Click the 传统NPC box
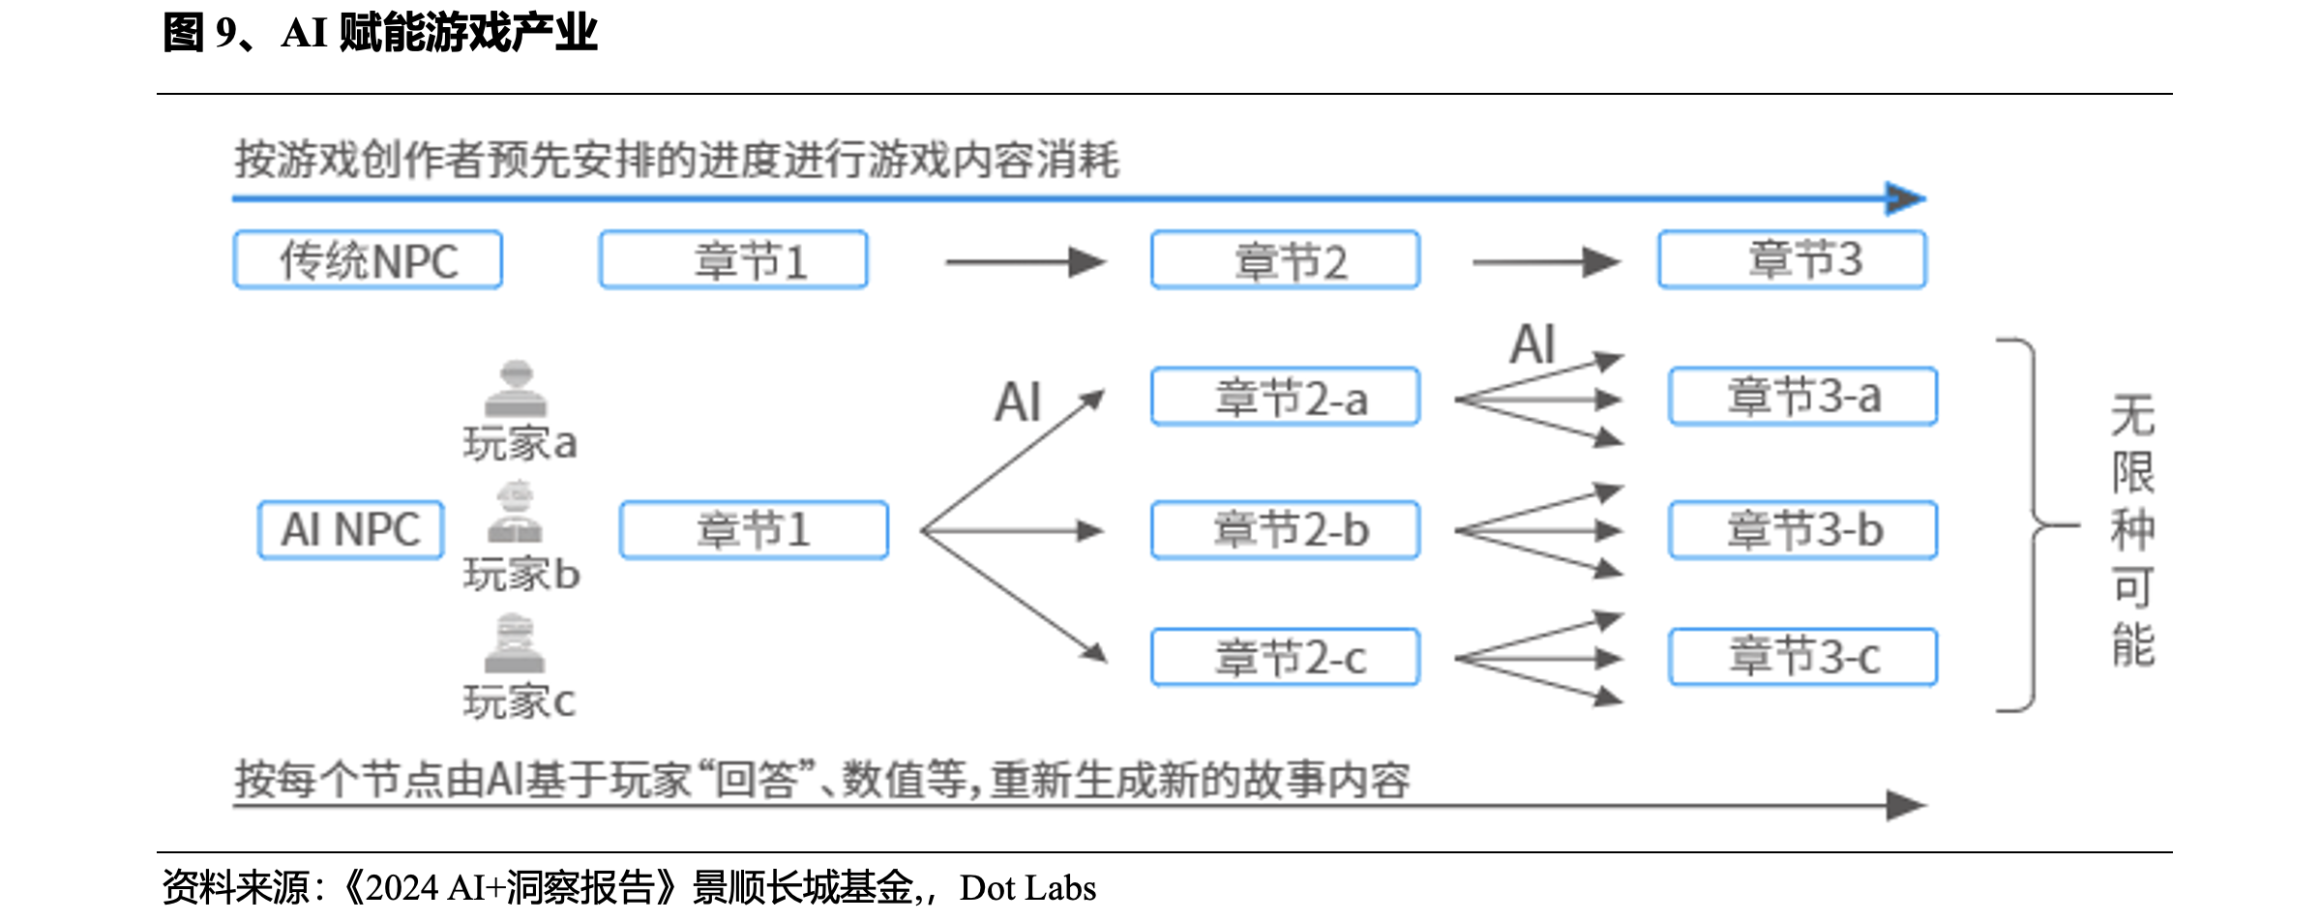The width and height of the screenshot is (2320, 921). tap(368, 260)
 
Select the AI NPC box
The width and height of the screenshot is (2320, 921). tap(350, 530)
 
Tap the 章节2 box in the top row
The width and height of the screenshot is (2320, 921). tap(1285, 260)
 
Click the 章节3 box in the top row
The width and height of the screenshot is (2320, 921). tap(1792, 259)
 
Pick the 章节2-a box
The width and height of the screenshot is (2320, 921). tap(1285, 397)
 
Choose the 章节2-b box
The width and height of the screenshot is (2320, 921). tap(1285, 530)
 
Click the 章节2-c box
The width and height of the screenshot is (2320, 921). tap(1285, 658)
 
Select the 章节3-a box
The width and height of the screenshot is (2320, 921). tap(1802, 397)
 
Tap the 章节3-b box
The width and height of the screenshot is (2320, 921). tap(1802, 530)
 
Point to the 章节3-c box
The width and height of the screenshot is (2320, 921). tap(1802, 658)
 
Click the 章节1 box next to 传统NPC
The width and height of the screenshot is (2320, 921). tap(733, 260)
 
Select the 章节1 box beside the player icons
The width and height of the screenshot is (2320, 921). tap(754, 530)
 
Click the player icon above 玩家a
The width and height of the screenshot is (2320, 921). tap(516, 389)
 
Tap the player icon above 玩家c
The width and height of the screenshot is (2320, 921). tap(515, 643)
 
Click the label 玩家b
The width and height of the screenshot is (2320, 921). tap(521, 575)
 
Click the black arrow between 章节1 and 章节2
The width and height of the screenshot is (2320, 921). tap(1026, 261)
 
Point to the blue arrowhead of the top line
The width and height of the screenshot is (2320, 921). tap(1905, 199)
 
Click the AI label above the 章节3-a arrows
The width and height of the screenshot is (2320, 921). tap(1532, 344)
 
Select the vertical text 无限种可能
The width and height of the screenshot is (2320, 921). tap(2132, 530)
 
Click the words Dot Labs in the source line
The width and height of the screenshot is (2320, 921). tap(1027, 888)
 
